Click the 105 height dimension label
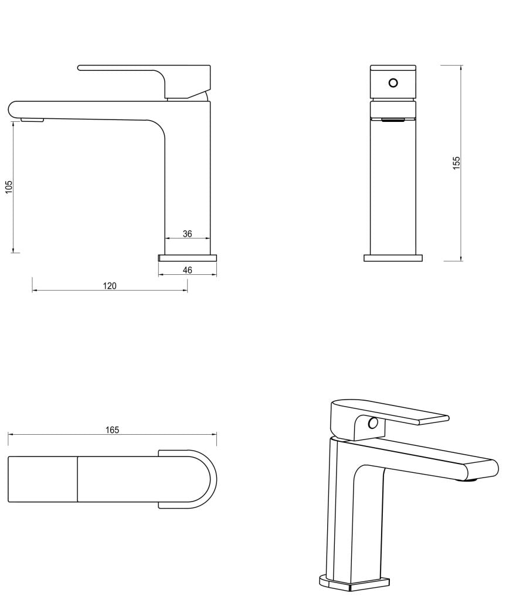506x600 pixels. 9,187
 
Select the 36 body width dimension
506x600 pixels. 187,234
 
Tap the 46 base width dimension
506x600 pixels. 187,270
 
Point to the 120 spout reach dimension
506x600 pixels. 110,286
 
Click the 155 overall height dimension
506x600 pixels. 457,162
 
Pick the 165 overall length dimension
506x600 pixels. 112,429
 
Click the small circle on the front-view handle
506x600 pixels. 393,83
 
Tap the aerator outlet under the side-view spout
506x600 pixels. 32,120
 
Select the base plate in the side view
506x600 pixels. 188,257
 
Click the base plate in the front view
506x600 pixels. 393,257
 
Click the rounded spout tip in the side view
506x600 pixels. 14,108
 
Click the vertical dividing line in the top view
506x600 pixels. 78,479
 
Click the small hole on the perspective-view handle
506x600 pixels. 372,423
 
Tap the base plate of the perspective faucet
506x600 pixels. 354,582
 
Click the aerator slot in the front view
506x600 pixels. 393,120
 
